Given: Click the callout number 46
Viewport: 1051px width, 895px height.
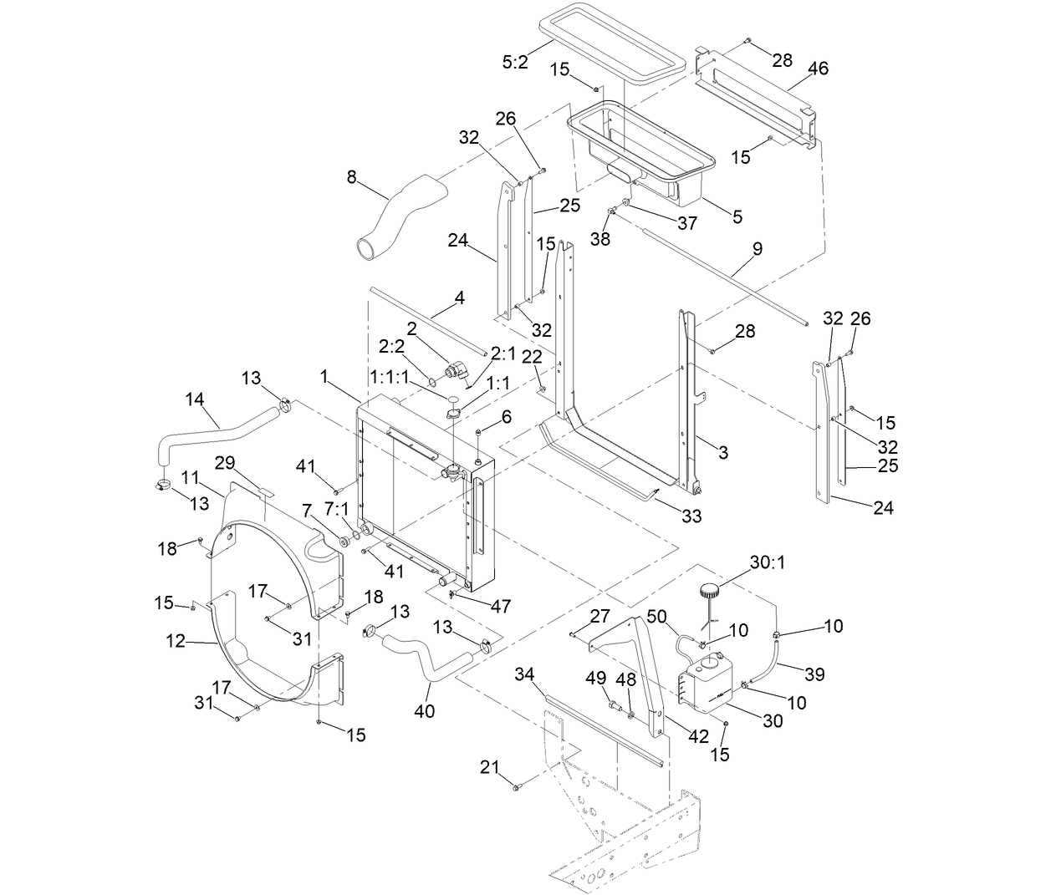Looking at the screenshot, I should pos(818,69).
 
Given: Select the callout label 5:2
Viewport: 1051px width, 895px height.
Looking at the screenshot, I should pos(515,62).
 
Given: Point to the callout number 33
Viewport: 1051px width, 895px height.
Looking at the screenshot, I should pos(691,516).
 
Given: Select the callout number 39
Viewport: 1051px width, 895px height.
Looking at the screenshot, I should pos(814,674).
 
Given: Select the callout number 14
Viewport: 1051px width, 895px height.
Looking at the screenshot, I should pos(195,399).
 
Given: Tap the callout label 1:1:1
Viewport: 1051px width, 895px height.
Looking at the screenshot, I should pos(390,377).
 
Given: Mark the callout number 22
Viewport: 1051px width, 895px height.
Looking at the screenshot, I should pos(531,357).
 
